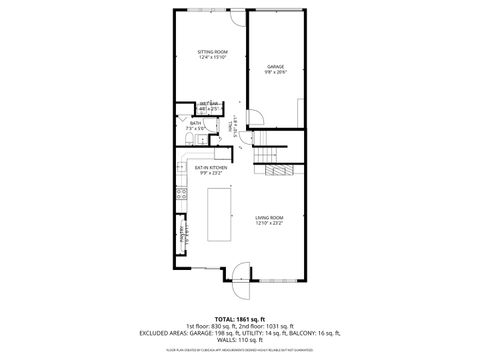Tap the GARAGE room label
[x=275, y=66]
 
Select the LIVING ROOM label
[x=269, y=217]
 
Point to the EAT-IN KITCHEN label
[x=210, y=168]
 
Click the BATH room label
[x=196, y=123]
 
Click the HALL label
[x=234, y=128]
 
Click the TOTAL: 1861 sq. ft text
[x=239, y=318]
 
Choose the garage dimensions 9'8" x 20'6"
[x=275, y=72]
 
